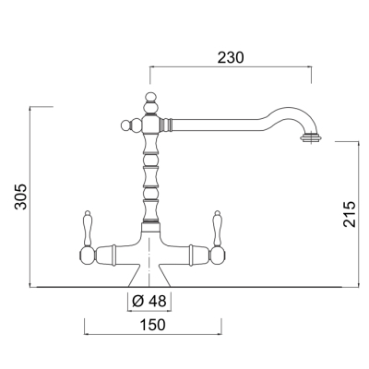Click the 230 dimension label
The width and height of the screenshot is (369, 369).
231,57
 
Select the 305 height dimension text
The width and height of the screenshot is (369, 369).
21,196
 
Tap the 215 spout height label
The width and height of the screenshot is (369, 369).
350,214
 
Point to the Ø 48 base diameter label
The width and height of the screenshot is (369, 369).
149,301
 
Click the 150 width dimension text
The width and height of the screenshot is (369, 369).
153,325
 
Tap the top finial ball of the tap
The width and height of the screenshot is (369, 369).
150,97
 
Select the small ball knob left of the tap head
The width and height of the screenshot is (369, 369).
125,125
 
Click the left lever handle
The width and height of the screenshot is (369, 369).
88,228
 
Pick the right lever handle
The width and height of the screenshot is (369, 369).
218,228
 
